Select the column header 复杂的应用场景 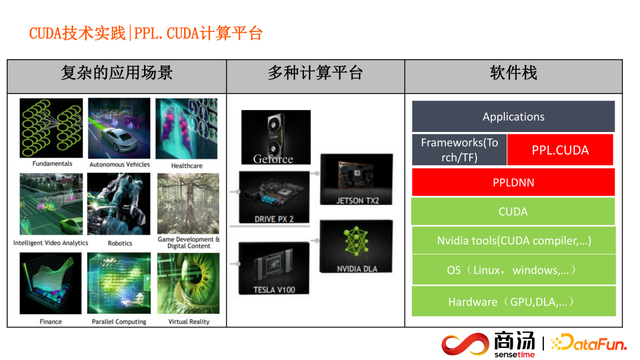(x=116, y=74)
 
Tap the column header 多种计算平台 (x=315, y=74)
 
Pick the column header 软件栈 (x=513, y=74)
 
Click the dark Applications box (x=513, y=116)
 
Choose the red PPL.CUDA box (x=560, y=150)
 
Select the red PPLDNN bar (x=513, y=183)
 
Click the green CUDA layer (x=513, y=212)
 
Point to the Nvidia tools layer (x=513, y=241)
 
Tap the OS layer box (x=513, y=271)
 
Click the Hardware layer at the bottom (x=513, y=301)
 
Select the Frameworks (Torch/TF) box (x=460, y=149)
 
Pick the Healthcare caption (x=187, y=166)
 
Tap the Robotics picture (x=119, y=201)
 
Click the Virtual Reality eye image (x=187, y=282)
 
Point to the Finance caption (x=51, y=321)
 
